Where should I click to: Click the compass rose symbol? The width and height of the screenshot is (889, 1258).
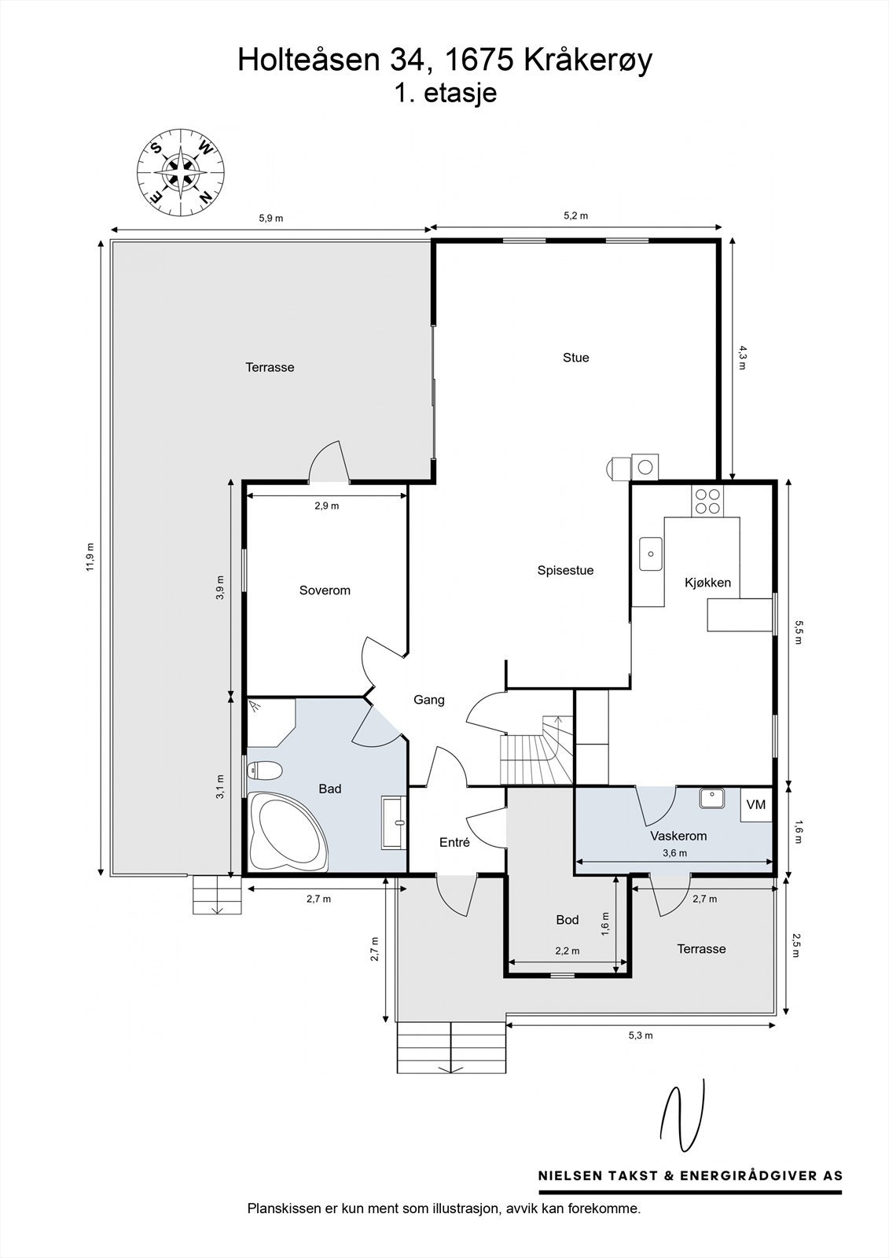point(181,172)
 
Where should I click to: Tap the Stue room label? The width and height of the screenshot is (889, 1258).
point(575,358)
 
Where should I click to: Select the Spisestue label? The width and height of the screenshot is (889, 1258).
point(565,571)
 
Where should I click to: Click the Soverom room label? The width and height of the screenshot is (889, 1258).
point(325,590)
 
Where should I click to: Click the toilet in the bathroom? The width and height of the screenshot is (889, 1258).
point(264,770)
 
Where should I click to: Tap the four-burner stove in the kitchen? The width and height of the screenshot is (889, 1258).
point(707,501)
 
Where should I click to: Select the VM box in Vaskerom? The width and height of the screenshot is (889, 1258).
point(756,805)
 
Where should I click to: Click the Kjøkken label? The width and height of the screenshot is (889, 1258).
point(707,583)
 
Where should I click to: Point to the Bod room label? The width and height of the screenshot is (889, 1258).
point(568,920)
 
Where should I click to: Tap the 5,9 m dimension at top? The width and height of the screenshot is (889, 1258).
point(270,219)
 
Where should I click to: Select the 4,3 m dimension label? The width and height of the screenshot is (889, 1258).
point(743,359)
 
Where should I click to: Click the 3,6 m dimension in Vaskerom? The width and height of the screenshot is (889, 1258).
point(674,853)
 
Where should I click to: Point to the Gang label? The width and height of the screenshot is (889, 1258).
point(429,700)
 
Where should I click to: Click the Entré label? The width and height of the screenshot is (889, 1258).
point(454,842)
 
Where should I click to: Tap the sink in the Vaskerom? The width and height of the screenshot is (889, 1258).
point(711,798)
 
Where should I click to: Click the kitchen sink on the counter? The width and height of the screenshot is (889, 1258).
point(651,554)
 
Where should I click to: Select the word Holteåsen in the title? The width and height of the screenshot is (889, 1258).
point(308,60)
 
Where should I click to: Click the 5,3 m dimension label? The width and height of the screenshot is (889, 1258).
point(640,1035)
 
